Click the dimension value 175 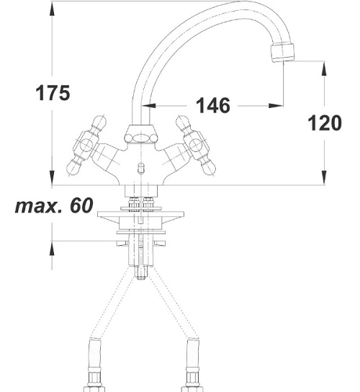(53, 93)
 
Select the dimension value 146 (213, 105)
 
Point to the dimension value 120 (325, 122)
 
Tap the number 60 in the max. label (81, 205)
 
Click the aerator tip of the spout (283, 53)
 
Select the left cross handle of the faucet (86, 146)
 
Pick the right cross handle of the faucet (196, 146)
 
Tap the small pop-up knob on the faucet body (141, 168)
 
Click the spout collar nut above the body (141, 134)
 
